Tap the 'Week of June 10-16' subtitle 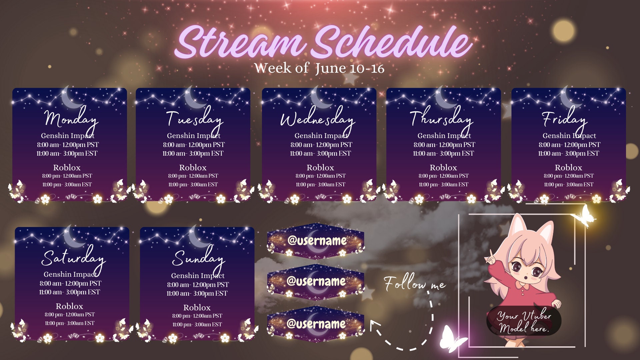coord(319,68)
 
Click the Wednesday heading coord(317,119)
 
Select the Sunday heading coord(198,258)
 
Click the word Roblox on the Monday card coord(67,167)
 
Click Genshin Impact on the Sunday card coord(198,276)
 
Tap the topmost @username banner coord(316,240)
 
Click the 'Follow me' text coord(414,284)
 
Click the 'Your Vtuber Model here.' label coord(524,321)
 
